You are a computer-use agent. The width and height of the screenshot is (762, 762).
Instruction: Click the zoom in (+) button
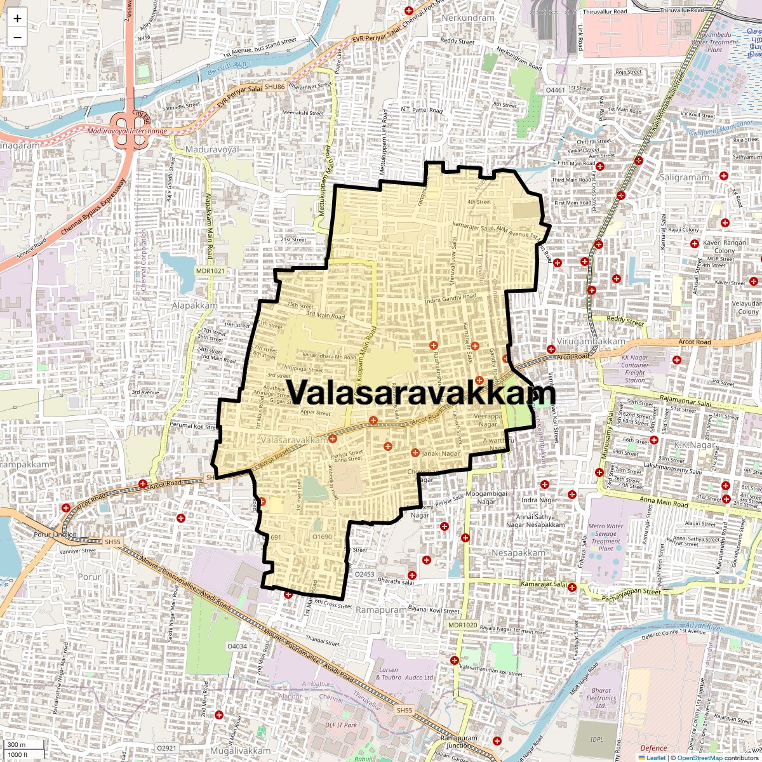pos(17,18)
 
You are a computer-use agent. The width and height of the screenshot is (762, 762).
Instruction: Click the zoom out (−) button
pos(17,37)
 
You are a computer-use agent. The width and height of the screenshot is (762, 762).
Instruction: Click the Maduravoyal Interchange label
pos(127,131)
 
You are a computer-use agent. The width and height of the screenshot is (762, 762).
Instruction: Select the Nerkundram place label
pos(467,18)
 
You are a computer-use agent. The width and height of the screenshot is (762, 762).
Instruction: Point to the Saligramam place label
pos(683,177)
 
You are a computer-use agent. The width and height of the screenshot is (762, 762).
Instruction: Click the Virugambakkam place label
pos(591,342)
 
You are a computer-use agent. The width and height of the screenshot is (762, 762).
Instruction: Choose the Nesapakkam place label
pos(518,552)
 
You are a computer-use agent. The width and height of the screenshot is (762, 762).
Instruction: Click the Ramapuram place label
pos(380,610)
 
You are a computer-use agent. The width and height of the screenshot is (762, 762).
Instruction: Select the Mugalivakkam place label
pos(241,751)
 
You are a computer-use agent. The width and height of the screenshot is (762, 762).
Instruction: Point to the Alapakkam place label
pos(195,305)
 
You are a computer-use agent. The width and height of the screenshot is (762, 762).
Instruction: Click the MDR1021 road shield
pos(210,271)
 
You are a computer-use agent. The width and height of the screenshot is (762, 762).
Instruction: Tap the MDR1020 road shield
pos(462,625)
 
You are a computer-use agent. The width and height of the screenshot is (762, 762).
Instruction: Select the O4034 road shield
pos(237,646)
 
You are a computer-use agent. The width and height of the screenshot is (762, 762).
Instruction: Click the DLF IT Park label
pos(341,725)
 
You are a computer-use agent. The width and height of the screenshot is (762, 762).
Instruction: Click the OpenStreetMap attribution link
pos(700,758)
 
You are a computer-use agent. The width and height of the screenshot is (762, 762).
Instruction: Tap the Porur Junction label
pos(55,535)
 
